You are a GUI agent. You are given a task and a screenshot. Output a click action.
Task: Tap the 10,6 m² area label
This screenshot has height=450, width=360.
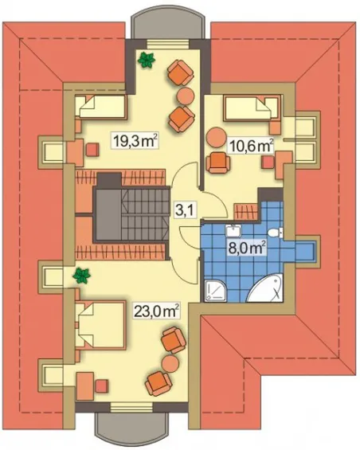tap(250, 147)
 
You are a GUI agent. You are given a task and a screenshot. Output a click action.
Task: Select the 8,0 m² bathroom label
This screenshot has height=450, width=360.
tap(246, 247)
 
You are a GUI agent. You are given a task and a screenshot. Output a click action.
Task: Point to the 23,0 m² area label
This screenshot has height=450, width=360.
tap(157, 311)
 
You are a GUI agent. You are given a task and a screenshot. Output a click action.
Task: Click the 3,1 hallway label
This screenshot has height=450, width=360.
tap(185, 211)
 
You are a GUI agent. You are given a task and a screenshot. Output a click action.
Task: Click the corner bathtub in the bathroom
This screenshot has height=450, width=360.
tap(265, 288)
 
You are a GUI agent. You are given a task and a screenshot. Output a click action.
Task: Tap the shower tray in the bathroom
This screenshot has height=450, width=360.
tap(215, 291)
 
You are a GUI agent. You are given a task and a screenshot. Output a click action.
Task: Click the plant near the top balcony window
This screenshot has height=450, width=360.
tap(147, 60)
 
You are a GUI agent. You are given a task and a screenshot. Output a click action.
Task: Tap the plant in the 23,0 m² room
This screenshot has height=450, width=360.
tap(82, 276)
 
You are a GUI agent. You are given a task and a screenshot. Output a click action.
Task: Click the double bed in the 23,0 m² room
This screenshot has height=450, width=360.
tap(100, 325)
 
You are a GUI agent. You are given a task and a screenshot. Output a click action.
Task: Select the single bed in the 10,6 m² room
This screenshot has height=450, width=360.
tap(251, 108)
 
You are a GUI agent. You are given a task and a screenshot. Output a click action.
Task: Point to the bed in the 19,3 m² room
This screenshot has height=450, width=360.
tap(101, 107)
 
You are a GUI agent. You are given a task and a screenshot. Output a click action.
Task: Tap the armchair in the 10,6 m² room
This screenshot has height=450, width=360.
tap(218, 162)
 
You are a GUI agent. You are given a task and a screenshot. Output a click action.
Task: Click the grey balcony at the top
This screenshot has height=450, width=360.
tap(169, 25)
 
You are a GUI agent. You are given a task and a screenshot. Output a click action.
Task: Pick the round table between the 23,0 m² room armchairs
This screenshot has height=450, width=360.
tap(170, 363)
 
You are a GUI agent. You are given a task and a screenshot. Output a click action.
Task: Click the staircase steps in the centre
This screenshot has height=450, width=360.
tap(144, 215)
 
